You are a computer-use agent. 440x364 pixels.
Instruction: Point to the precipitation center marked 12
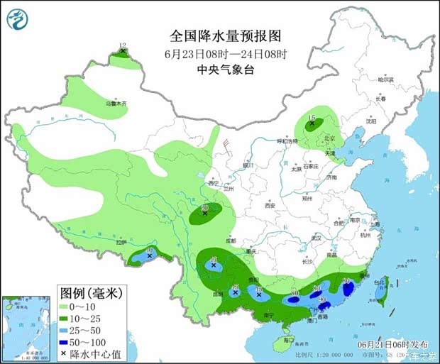point(123,52)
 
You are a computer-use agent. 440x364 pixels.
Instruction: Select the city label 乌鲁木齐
point(116,103)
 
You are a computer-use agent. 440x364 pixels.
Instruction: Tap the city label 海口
point(287,341)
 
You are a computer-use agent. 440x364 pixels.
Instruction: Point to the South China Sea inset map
point(27,327)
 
